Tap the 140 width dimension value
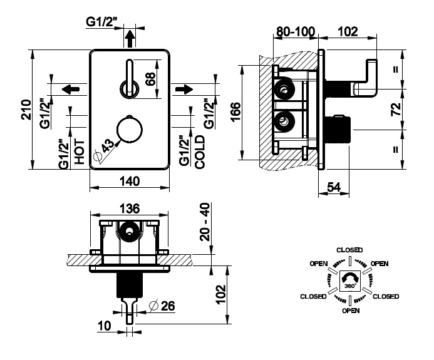coord(128,181)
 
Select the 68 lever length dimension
coord(150,79)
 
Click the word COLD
coord(200,151)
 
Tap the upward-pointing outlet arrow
coord(130,38)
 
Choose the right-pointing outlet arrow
coord(183,89)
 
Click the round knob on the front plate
coord(130,130)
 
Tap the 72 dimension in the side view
coord(395,110)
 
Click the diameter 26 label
coord(163,306)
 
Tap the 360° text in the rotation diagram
coord(349,285)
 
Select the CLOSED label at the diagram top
coord(349,250)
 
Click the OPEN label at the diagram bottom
coord(350,310)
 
